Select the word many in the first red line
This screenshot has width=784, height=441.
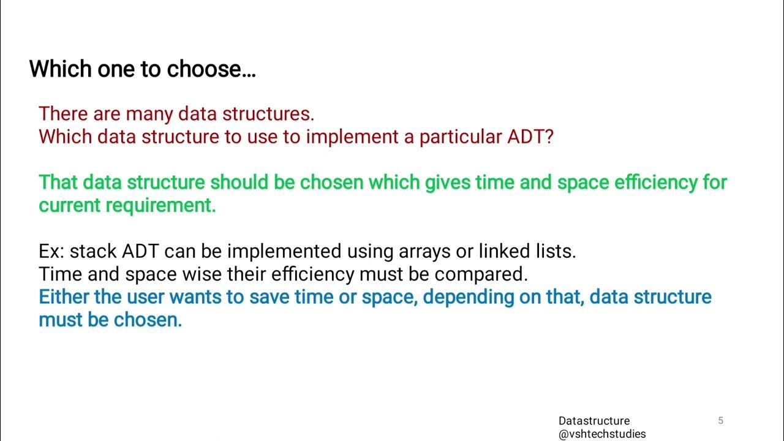pyautogui.click(x=149, y=114)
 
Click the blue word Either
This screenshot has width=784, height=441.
pyautogui.click(x=64, y=297)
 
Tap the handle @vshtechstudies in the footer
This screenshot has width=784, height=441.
pyautogui.click(x=601, y=434)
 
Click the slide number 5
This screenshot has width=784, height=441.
pyautogui.click(x=720, y=420)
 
